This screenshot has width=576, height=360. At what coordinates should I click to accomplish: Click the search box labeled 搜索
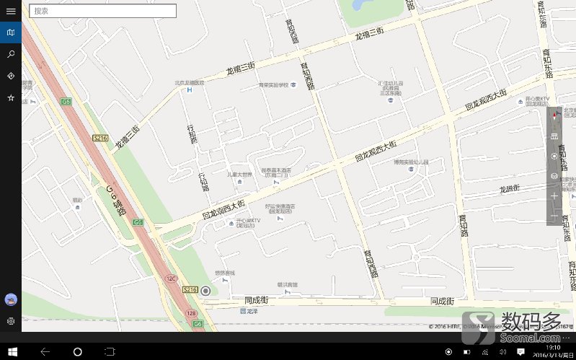coord(103,11)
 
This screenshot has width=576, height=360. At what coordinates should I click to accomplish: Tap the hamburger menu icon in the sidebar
coord(11,11)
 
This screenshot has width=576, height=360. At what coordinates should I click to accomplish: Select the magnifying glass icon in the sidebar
coord(11,54)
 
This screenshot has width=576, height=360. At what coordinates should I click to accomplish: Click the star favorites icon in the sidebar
coord(11,97)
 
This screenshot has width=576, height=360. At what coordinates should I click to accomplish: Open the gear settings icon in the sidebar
coord(11,321)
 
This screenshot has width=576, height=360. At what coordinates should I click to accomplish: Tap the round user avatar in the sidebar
coord(11,299)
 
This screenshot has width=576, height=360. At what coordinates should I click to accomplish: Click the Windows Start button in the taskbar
coord(11,351)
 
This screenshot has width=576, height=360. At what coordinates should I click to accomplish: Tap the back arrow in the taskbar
coord(45,351)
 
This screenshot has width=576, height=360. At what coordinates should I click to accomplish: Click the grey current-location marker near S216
coord(206,291)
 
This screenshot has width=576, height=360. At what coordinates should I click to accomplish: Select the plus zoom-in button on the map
coord(554,196)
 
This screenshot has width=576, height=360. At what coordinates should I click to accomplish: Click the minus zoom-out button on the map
coord(554,216)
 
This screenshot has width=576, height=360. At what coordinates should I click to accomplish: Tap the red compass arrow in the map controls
coord(554,115)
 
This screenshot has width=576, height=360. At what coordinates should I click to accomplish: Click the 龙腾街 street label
coord(509,188)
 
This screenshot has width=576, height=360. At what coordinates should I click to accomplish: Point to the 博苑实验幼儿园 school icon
coord(411,171)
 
